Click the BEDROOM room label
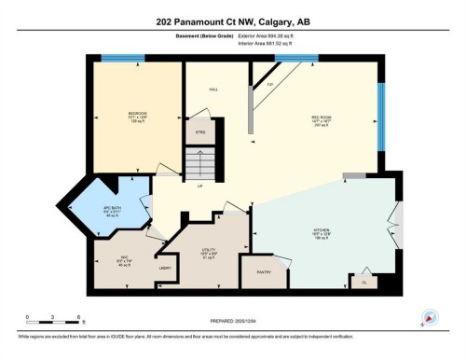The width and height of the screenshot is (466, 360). (x=137, y=114)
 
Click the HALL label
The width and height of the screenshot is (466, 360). (x=213, y=90)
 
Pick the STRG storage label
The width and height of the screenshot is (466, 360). (x=199, y=133)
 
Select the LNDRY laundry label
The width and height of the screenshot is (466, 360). (x=164, y=269)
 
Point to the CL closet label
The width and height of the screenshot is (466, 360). (x=363, y=282)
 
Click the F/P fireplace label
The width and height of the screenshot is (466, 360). (x=269, y=85)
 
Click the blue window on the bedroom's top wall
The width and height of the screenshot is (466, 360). (x=121, y=60)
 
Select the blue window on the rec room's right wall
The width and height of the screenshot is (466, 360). (x=380, y=117)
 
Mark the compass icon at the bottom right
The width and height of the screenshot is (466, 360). (x=430, y=318)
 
